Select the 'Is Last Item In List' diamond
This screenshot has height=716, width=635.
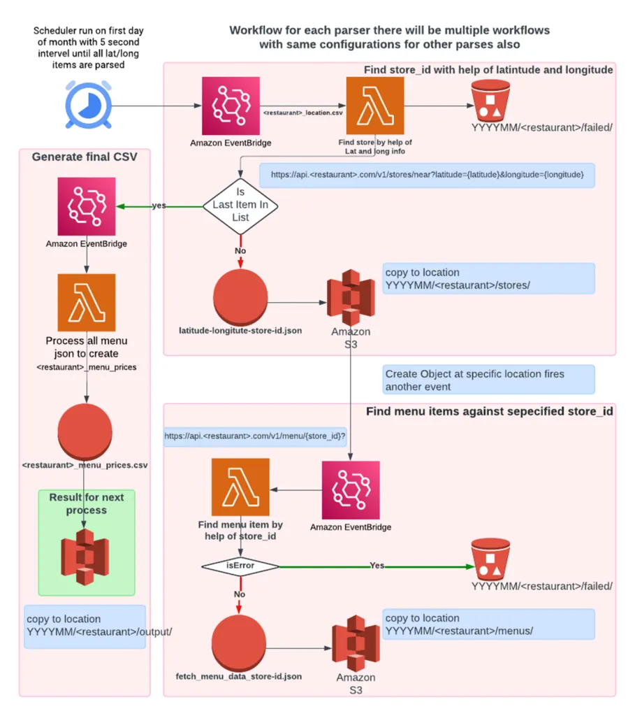pos(240,206)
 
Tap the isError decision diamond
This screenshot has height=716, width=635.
pos(240,565)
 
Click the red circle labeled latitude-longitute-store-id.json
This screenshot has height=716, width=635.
pos(240,296)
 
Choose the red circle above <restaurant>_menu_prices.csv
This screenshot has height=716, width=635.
pos(86,432)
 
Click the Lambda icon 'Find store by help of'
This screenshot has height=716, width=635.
pos(375,106)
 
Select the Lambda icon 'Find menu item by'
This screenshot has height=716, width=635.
pos(240,487)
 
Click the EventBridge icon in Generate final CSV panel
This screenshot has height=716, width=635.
pos(86,206)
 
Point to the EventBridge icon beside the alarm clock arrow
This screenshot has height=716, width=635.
pos(230,106)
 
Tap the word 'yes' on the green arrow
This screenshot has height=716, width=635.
pos(159,206)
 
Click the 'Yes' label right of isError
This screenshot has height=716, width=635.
pos(377,565)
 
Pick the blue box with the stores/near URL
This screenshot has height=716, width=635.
pos(426,175)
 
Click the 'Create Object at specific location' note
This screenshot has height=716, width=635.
pos(488,380)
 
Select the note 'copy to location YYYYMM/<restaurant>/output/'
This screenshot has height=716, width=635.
pos(85,626)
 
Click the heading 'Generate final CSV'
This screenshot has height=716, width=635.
pos(85,157)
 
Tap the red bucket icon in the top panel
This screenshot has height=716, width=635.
pos(490,100)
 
